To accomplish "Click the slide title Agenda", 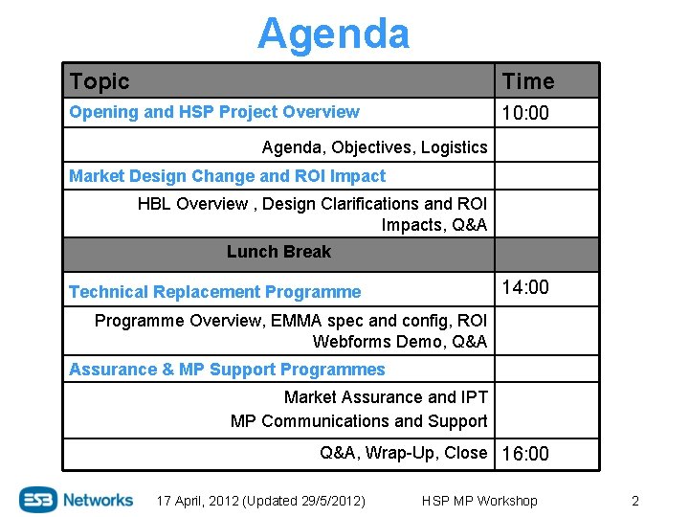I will pyautogui.click(x=333, y=34).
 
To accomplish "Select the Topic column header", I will pyautogui.click(x=100, y=81).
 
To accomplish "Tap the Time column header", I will pyautogui.click(x=528, y=81).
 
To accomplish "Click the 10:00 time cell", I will pyautogui.click(x=526, y=113).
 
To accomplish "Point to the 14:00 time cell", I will pyautogui.click(x=526, y=287).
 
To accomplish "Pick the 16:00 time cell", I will pyautogui.click(x=526, y=454).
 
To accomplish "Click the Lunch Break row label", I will pyautogui.click(x=278, y=252).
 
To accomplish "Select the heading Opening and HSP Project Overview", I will pyautogui.click(x=214, y=112).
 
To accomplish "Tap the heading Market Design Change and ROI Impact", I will pyautogui.click(x=228, y=176).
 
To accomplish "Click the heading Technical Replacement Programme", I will pyautogui.click(x=215, y=292).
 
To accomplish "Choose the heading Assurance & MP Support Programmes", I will pyautogui.click(x=227, y=370).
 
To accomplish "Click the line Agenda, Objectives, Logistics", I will pyautogui.click(x=374, y=147).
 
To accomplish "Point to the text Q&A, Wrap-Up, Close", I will pyautogui.click(x=403, y=453).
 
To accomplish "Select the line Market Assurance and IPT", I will pyautogui.click(x=386, y=397).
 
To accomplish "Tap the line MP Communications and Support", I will pyautogui.click(x=359, y=421).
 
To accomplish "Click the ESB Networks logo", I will pyautogui.click(x=77, y=499).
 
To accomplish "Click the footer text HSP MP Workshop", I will pyautogui.click(x=479, y=501).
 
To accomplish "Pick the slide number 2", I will pyautogui.click(x=634, y=501).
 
